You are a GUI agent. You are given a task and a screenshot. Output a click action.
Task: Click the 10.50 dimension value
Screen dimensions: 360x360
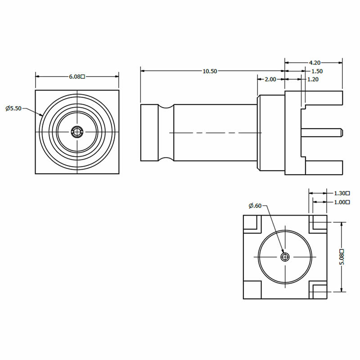click(x=210, y=71)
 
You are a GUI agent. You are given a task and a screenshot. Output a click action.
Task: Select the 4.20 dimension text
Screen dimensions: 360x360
click(x=315, y=63)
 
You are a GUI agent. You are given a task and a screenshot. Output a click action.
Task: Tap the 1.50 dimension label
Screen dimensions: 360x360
click(x=317, y=71)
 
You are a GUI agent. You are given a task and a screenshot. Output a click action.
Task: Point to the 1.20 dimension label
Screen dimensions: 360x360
click(x=313, y=80)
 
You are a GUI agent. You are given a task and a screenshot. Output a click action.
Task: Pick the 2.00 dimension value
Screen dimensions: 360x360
click(x=270, y=80)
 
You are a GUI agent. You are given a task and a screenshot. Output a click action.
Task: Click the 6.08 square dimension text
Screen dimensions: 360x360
click(x=77, y=76)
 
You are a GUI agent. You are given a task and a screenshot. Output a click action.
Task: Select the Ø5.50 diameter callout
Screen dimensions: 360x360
click(x=13, y=108)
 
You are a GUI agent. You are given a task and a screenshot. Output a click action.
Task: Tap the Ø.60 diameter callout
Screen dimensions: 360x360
click(x=255, y=206)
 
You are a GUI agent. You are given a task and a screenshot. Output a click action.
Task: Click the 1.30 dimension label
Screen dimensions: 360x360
click(x=342, y=193)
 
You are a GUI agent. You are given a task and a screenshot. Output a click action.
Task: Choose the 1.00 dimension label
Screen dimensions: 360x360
click(x=342, y=202)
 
